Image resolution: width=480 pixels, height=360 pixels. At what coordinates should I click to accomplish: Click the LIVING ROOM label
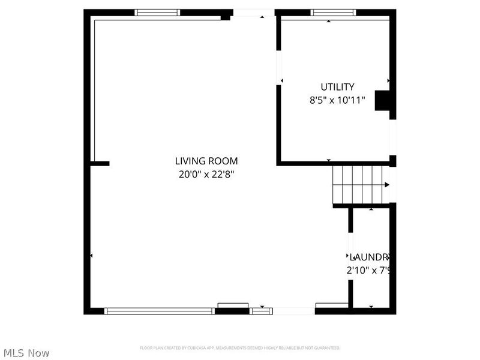click(206, 161)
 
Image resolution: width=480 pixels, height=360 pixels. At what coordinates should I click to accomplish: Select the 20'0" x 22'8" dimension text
click(206, 175)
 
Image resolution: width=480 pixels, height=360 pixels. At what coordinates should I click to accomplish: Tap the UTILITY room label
click(337, 87)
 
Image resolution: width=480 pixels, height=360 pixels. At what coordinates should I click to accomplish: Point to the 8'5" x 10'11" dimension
click(337, 101)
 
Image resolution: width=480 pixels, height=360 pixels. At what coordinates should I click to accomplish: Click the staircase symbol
click(358, 184)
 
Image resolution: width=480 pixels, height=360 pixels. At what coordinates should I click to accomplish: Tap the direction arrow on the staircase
click(387, 184)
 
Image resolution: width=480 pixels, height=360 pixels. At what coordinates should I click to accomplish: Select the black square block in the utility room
click(382, 100)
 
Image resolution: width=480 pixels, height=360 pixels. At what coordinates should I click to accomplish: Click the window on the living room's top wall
click(157, 12)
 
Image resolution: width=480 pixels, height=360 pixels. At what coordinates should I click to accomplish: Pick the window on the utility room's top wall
click(333, 12)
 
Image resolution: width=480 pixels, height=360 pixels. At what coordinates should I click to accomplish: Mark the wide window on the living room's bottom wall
click(160, 311)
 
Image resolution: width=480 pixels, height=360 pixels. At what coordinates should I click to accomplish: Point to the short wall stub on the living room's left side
click(100, 163)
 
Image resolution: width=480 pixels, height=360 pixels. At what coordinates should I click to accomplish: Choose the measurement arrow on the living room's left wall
click(91, 256)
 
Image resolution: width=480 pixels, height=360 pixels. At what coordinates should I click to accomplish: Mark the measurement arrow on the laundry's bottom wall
click(371, 307)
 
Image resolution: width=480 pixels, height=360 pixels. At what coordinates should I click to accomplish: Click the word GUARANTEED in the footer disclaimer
click(327, 348)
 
